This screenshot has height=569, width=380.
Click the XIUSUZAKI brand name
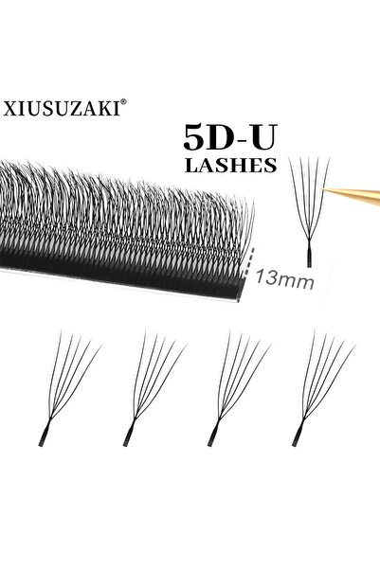(62, 108)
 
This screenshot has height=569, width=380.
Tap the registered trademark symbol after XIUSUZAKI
(123, 102)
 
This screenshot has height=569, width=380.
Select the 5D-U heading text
(230, 137)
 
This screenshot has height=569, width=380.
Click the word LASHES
(231, 165)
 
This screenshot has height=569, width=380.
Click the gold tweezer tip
(324, 189)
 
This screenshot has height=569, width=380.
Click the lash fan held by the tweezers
(310, 211)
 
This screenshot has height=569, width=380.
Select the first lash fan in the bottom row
(70, 387)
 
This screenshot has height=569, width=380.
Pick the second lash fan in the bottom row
(154, 387)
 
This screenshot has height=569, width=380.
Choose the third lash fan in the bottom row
(240, 387)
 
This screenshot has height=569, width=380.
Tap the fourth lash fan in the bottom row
(324, 387)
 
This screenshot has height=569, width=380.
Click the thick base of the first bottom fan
(44, 435)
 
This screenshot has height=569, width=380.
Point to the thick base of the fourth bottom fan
(298, 435)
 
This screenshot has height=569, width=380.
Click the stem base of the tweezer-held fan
(309, 257)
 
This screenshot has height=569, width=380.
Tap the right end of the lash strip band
(240, 289)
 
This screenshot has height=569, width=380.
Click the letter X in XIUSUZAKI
(9, 109)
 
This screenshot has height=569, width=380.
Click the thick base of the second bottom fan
(129, 435)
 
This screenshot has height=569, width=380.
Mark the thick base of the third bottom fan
(213, 435)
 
